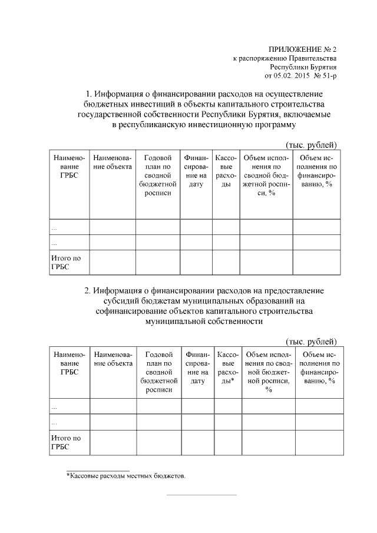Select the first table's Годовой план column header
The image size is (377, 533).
coord(157,175)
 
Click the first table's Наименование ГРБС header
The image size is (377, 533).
coord(69,167)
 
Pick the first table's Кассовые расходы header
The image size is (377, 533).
coord(226,171)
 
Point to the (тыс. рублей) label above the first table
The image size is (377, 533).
coord(311,145)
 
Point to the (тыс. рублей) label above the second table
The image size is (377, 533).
coord(311,342)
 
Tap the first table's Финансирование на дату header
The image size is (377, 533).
coord(196,171)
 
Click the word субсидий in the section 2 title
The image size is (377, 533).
coord(117,301)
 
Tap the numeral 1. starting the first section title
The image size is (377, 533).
coord(90,94)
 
